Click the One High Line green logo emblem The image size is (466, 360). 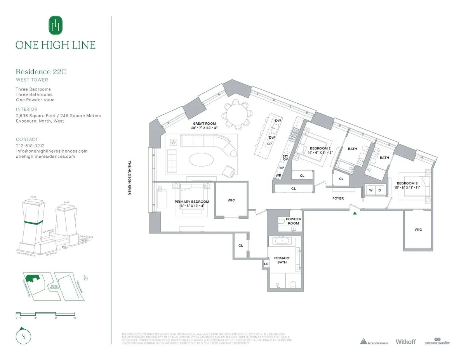pos(56,26)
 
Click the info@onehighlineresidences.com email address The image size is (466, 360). pos(52,151)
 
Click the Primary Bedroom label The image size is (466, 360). pos(192,202)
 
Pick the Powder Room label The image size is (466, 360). pos(293,221)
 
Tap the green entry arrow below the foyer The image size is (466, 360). pos(355,213)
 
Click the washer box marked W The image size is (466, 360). pos(370,190)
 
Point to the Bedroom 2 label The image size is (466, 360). pos(320,148)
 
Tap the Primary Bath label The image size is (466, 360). pos(282,260)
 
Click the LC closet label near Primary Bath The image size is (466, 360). pos(266,264)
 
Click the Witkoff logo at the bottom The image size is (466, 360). pos(405,341)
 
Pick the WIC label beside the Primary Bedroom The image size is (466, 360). pos(231,200)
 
